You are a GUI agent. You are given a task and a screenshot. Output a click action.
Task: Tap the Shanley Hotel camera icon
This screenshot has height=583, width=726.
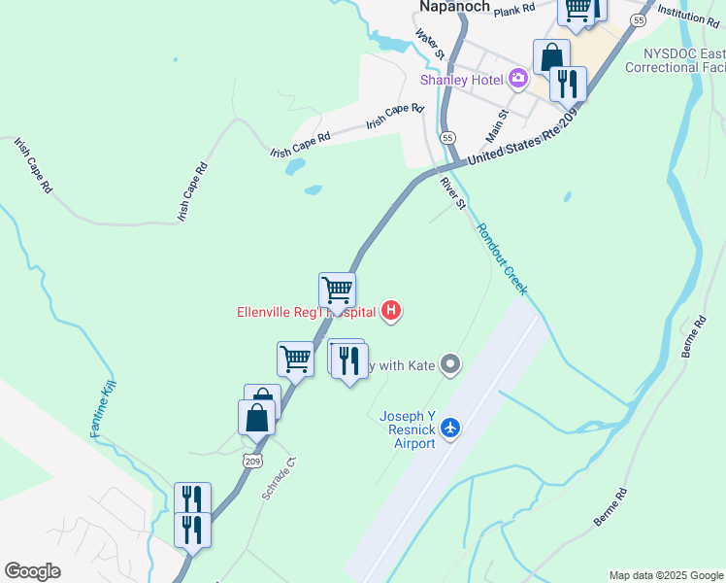[518, 78]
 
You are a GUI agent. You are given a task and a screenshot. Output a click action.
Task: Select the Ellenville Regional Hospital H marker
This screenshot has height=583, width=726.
[391, 311]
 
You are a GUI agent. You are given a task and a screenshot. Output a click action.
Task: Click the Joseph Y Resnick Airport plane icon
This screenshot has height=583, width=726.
[449, 427]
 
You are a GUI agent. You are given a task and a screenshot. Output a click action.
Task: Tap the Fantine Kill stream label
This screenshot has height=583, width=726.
[104, 409]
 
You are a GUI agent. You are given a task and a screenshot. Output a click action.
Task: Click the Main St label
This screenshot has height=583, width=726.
[497, 123]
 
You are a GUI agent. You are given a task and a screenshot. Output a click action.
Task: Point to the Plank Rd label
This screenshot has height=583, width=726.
[514, 10]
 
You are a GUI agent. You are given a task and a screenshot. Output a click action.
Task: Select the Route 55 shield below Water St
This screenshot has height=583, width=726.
[447, 138]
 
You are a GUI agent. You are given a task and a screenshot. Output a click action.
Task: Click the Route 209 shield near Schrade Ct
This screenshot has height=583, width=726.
[253, 460]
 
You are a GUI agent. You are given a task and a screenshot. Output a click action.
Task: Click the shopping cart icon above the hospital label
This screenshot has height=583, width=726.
[337, 290]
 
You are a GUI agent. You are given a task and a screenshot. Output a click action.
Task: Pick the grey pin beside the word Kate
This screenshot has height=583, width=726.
[449, 365]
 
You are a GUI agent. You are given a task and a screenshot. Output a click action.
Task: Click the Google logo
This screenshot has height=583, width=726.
[32, 571]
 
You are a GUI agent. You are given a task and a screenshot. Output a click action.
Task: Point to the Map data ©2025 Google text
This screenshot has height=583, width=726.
[665, 575]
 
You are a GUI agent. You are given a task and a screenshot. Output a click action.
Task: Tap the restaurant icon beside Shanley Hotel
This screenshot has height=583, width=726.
[568, 84]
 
